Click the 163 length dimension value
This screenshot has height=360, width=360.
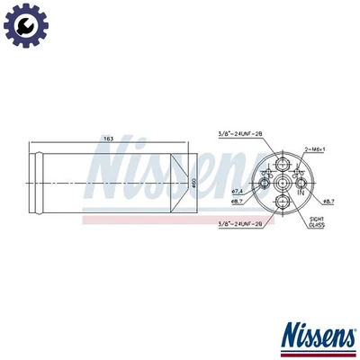(x=109, y=139)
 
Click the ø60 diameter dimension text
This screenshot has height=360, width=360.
(x=194, y=182)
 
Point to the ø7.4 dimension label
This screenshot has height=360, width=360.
(x=238, y=193)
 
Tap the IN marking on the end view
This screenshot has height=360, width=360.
(x=301, y=192)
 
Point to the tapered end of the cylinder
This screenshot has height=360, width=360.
(x=180, y=181)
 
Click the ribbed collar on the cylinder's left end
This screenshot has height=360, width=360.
(x=36, y=181)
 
